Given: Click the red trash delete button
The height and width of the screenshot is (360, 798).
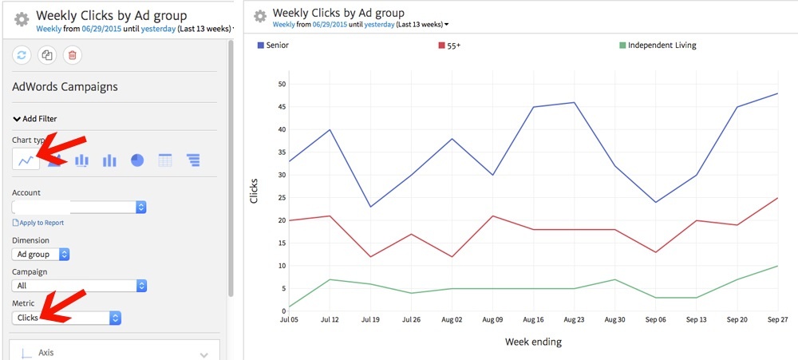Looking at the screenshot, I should pos(72,55).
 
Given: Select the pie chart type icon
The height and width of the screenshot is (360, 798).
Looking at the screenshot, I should pos(137,160).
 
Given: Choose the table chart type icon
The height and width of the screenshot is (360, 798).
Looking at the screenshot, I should pos(165,160).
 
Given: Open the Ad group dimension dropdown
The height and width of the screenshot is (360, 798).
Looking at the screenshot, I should pos(41,254).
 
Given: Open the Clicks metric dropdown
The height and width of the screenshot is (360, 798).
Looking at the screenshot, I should pos(66,318).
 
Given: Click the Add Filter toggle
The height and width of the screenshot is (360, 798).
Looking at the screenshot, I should pos(34,118).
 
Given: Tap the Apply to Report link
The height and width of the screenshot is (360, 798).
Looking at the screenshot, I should pos(38,223).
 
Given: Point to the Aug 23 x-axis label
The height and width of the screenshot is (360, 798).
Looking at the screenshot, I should pos(575,320).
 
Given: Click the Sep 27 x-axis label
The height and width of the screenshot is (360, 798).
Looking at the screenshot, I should pos(777,320).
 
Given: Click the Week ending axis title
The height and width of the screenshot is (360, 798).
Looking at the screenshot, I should pos(533,342).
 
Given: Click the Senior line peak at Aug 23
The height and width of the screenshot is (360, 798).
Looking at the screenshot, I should pos(575,102).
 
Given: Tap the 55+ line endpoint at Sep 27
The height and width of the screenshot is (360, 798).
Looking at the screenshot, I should pos(777,198).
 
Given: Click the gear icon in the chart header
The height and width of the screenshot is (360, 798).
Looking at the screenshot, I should pos(260,17).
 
